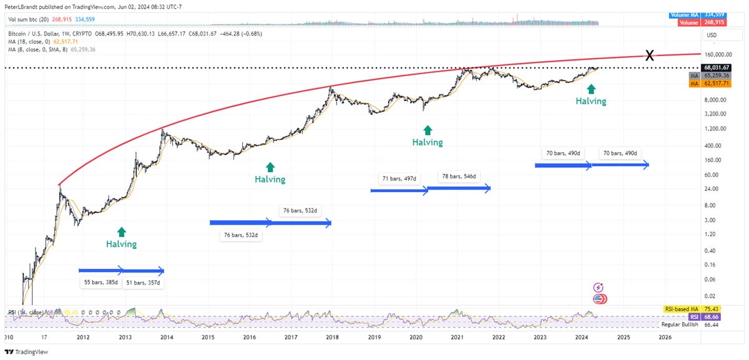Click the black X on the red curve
click(x=649, y=56)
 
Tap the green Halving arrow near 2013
click(x=121, y=231)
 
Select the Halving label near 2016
click(x=270, y=179)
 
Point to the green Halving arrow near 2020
click(x=428, y=130)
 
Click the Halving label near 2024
click(x=590, y=100)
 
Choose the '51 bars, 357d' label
click(x=144, y=283)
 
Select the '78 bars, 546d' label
click(x=458, y=177)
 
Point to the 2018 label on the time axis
click(x=332, y=337)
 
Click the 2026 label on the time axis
click(x=665, y=337)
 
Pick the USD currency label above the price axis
click(x=711, y=36)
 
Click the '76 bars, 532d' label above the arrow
click(x=303, y=211)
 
